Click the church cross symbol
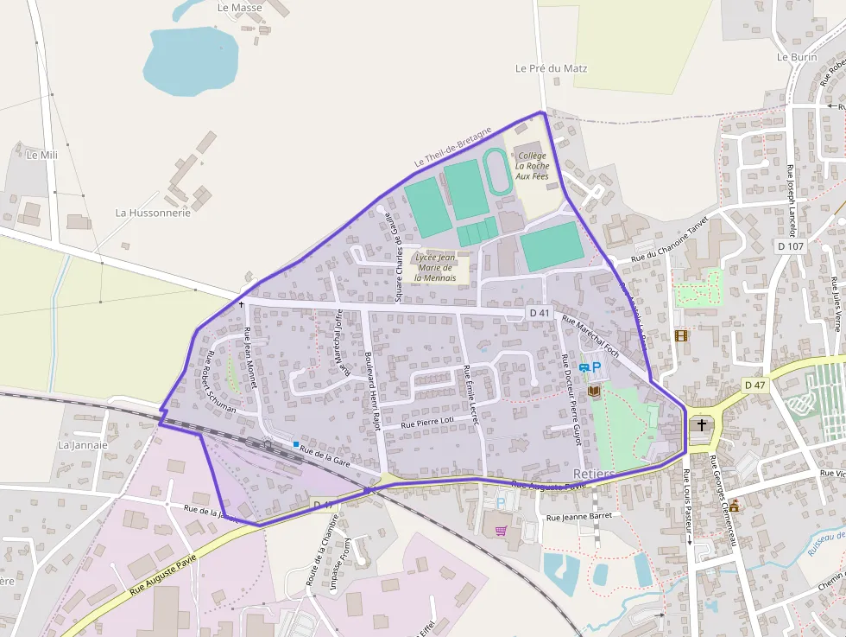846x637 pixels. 702,425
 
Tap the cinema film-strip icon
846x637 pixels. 681,335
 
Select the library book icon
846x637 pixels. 594,392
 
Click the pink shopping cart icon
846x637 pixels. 501,530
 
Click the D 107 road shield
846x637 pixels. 790,246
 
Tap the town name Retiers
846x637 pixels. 594,474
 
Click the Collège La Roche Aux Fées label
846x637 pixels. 532,166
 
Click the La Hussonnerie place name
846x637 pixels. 153,213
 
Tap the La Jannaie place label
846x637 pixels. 83,445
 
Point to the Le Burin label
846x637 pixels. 796,57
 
